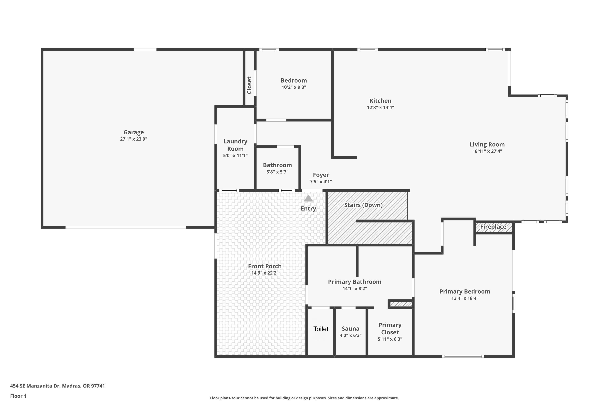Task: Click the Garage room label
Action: pyautogui.click(x=133, y=132)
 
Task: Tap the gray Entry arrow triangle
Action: pyautogui.click(x=308, y=198)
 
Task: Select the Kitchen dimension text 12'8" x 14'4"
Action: pyautogui.click(x=380, y=107)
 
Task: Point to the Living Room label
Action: pyautogui.click(x=487, y=145)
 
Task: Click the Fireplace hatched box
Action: pyautogui.click(x=494, y=227)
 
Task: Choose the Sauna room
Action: pyautogui.click(x=350, y=331)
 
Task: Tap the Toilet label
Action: pyautogui.click(x=321, y=329)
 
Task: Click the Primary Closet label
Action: pyautogui.click(x=390, y=328)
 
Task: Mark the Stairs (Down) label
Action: pyautogui.click(x=363, y=205)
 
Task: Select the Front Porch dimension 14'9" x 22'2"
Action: pyautogui.click(x=265, y=273)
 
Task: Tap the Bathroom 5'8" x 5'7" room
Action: pyautogui.click(x=277, y=168)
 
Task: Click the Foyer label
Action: pyautogui.click(x=321, y=175)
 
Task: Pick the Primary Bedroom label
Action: pyautogui.click(x=464, y=292)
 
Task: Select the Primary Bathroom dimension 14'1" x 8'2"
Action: pyautogui.click(x=354, y=288)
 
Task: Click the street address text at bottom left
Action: pyautogui.click(x=57, y=386)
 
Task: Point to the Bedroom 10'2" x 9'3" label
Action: pyautogui.click(x=294, y=81)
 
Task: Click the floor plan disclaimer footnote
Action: pyautogui.click(x=304, y=398)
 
